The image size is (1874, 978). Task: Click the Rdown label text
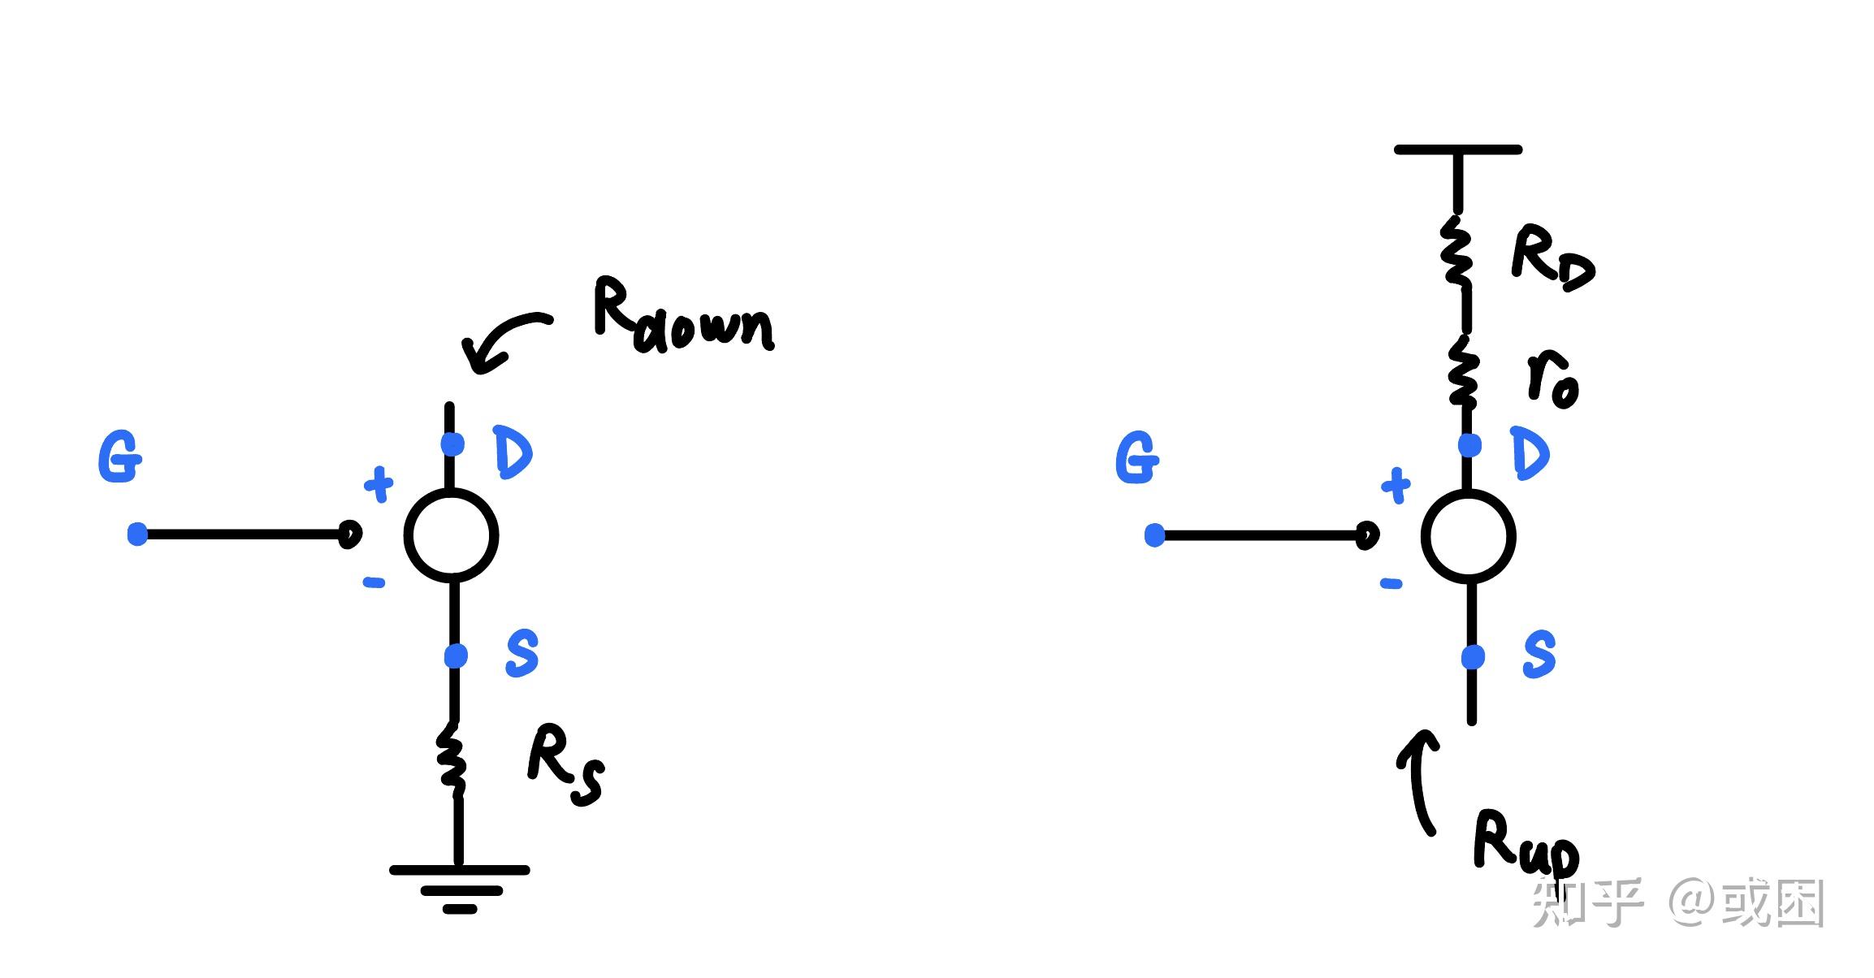[682, 317]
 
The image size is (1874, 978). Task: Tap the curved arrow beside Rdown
[500, 341]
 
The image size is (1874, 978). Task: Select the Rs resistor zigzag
[452, 757]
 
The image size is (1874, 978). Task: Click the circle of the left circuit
[451, 535]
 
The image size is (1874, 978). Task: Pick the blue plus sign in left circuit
[379, 485]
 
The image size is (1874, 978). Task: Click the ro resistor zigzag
[1463, 374]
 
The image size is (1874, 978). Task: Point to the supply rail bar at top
[1457, 150]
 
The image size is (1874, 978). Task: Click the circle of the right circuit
[1468, 536]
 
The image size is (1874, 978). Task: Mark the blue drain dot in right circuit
[1469, 445]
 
